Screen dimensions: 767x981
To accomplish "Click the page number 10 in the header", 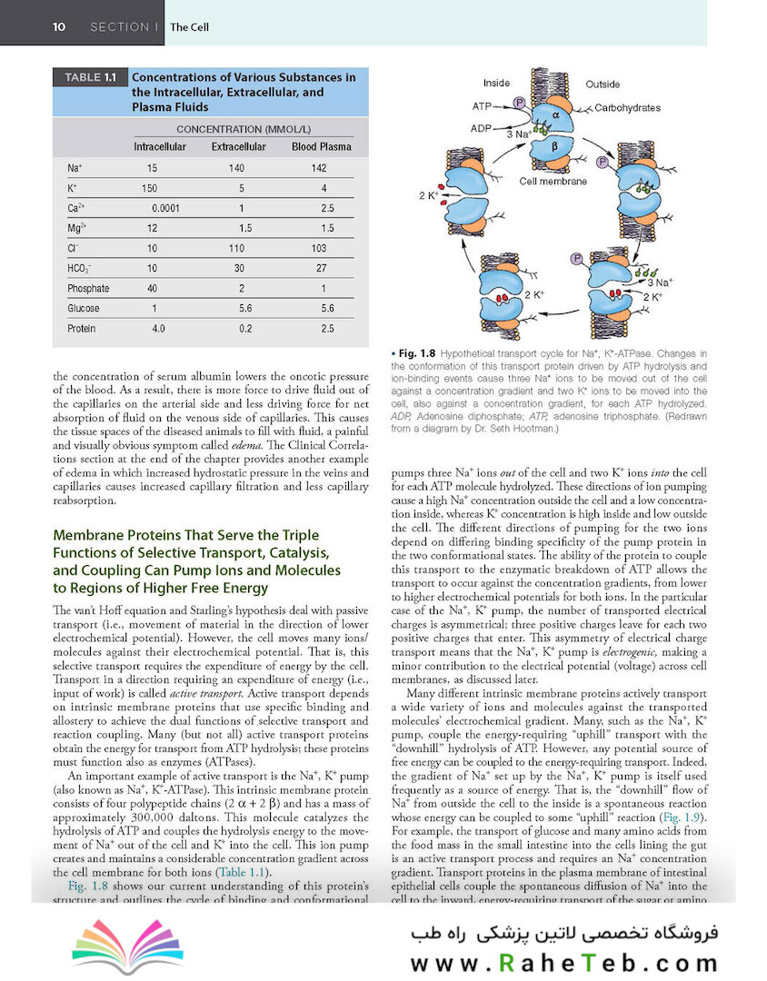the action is click(59, 27).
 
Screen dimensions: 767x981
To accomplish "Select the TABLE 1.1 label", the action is click(91, 77).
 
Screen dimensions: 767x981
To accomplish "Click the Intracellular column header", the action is click(160, 147).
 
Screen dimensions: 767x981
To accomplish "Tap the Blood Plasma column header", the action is click(321, 147).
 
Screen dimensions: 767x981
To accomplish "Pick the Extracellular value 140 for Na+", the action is click(236, 168).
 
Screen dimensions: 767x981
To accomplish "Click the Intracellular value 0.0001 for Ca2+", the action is click(165, 208).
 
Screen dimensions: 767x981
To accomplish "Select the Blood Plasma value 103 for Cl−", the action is click(319, 248).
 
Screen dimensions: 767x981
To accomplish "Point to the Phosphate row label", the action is click(88, 289).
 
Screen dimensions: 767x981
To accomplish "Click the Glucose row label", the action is click(84, 309).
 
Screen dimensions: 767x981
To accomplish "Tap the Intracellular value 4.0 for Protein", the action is click(158, 329).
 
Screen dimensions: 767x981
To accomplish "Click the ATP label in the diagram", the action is click(481, 106).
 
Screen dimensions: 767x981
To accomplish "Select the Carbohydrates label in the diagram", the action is click(627, 107).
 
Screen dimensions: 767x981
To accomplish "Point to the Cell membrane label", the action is click(553, 182).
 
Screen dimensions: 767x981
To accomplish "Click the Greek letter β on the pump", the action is click(554, 147).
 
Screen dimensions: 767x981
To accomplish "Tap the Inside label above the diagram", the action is click(496, 84).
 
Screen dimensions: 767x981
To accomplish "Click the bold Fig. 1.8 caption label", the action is click(417, 353).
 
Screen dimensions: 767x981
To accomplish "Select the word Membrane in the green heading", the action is click(87, 535).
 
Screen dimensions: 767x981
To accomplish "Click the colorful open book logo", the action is click(128, 946).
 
